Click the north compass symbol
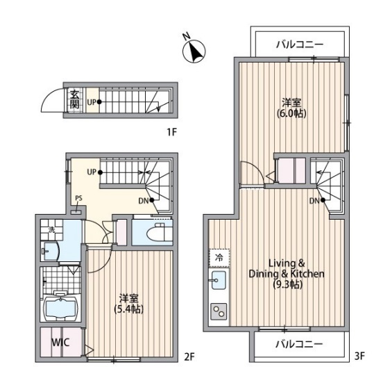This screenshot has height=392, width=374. click(x=194, y=51)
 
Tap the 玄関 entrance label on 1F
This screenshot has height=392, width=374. click(x=74, y=99)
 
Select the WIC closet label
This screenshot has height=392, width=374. click(x=60, y=342)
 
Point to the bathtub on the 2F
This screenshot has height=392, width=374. click(x=61, y=306)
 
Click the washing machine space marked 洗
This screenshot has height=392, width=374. click(x=51, y=229)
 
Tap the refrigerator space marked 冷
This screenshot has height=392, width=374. click(x=219, y=257)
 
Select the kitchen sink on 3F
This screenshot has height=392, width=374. click(x=219, y=280)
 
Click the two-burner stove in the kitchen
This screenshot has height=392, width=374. click(x=219, y=311)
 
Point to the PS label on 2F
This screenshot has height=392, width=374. click(x=78, y=198)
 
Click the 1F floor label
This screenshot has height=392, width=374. click(x=172, y=132)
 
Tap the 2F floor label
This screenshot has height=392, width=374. click(x=189, y=357)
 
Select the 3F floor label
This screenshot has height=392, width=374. click(x=359, y=356)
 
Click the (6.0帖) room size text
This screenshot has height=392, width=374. click(x=291, y=113)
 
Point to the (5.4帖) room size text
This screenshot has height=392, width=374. click(x=129, y=309)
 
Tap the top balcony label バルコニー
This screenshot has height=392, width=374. click(x=300, y=44)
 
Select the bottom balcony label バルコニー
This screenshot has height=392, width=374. click(x=299, y=344)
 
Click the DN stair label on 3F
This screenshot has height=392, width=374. click(x=314, y=200)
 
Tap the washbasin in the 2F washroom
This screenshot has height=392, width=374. click(x=51, y=251)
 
